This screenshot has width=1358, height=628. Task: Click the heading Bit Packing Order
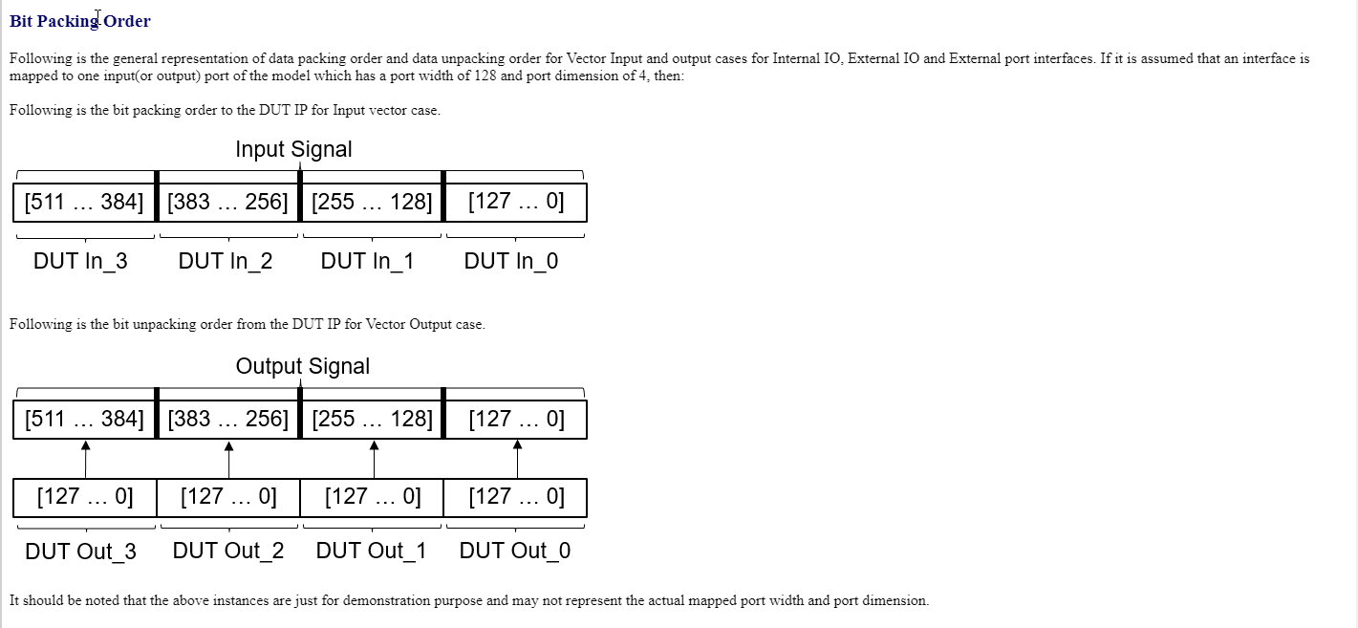click(80, 21)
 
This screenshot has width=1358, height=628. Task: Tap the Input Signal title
click(293, 149)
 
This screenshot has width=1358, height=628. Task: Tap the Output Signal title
click(303, 366)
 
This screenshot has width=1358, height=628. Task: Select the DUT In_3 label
click(80, 261)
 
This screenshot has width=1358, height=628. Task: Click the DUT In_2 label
click(226, 261)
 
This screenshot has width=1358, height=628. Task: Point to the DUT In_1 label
click(367, 261)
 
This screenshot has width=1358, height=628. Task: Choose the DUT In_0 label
click(511, 261)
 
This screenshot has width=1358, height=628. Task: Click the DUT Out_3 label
click(80, 552)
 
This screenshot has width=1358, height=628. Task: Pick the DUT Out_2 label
click(228, 551)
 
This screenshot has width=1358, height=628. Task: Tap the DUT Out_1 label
click(371, 551)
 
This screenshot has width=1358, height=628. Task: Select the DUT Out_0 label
click(515, 551)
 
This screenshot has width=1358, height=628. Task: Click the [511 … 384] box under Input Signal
click(84, 203)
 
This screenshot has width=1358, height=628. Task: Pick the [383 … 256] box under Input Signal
click(228, 203)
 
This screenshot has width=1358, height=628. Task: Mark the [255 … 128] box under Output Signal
click(373, 420)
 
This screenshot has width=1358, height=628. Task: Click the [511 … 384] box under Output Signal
click(84, 420)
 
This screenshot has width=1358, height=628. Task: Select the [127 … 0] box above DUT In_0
click(516, 203)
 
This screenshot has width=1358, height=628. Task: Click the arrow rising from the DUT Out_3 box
click(85, 460)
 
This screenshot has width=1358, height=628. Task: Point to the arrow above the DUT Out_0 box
click(517, 460)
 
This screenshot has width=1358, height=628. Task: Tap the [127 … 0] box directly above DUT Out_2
click(228, 498)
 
